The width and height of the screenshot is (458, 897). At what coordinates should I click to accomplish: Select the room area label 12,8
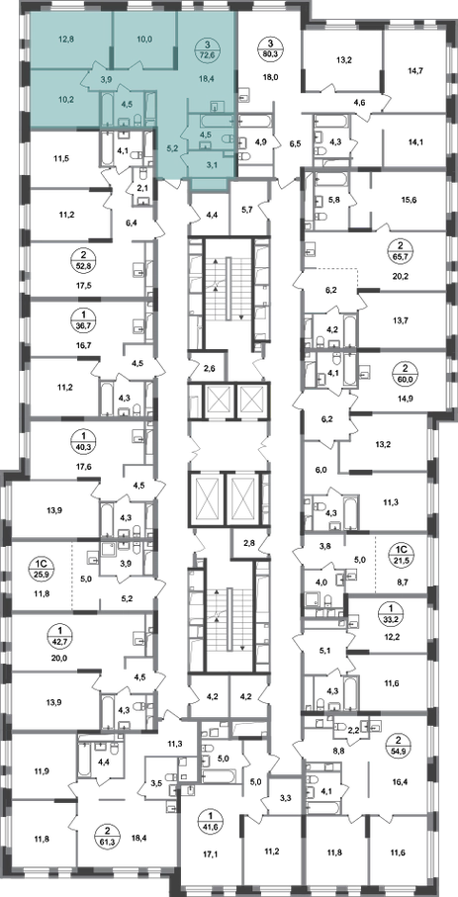[67, 40]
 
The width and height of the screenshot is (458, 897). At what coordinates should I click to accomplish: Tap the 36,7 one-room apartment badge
[78, 319]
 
